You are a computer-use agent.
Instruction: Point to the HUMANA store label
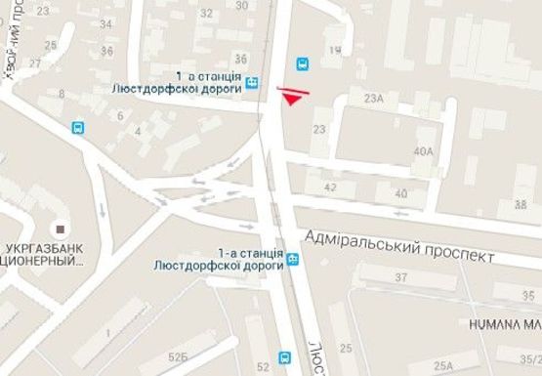click(x=504, y=322)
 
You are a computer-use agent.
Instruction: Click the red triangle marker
click(x=293, y=95)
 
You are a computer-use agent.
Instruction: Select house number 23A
click(x=373, y=99)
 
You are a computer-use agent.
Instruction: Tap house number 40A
click(x=423, y=151)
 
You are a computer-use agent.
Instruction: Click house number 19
click(x=335, y=50)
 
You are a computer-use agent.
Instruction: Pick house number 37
click(x=400, y=278)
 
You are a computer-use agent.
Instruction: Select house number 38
click(x=519, y=204)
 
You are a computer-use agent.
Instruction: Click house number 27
click(x=35, y=63)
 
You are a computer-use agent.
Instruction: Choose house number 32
click(x=205, y=13)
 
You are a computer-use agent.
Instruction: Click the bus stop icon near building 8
click(x=77, y=127)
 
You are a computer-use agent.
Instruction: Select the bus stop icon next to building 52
click(x=284, y=357)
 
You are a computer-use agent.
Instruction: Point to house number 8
click(x=63, y=94)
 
